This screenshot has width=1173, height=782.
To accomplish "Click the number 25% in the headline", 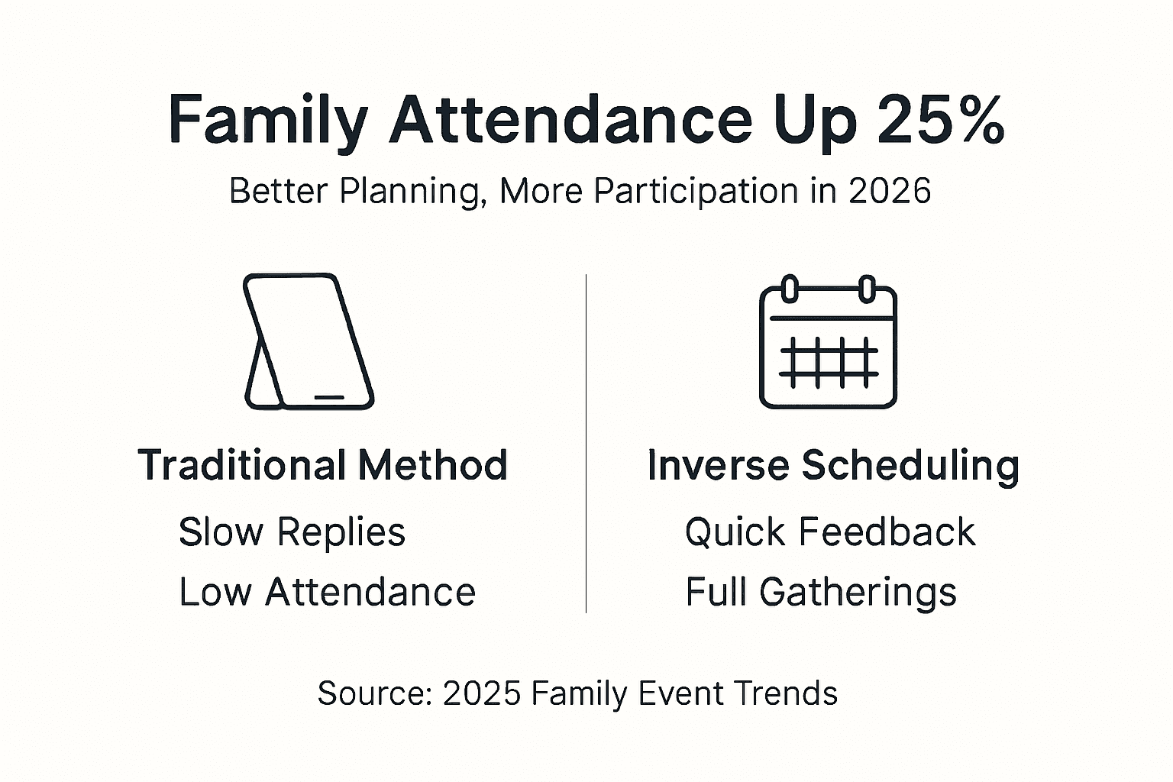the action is coord(941,119).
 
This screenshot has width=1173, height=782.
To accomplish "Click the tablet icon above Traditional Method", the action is coord(309,341).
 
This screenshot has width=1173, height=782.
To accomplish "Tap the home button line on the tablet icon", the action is coord(329,397).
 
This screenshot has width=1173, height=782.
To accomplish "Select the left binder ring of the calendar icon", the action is coord(789,289).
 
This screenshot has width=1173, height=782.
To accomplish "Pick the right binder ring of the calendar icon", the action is coord(868,289).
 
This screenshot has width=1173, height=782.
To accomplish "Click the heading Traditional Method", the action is coord(322,464).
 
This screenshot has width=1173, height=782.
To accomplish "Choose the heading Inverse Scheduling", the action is coord(833,466).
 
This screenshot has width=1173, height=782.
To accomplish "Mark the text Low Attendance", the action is coord(328,592).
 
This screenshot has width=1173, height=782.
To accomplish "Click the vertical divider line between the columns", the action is coord(586,443).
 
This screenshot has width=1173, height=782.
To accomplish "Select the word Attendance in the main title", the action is coord(570,119).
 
